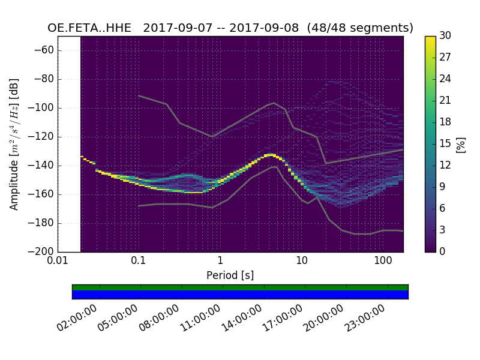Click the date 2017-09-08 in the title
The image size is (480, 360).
click(269, 28)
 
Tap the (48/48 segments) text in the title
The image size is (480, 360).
click(360, 28)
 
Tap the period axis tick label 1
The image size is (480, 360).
click(220, 261)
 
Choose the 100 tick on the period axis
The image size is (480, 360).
click(383, 261)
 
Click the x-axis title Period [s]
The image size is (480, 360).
click(230, 275)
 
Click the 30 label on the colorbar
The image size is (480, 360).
click(445, 36)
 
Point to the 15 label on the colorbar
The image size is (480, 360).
click(445, 144)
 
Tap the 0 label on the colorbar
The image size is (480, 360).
click(442, 251)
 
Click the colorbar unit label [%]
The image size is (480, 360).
click(461, 144)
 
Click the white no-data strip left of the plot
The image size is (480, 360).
click(69, 144)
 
